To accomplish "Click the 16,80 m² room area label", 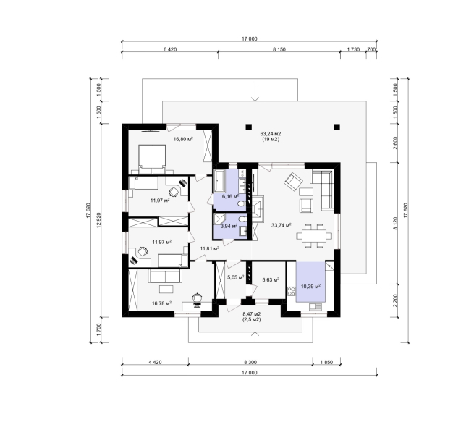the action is (183, 139).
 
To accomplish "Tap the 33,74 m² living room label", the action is (281, 225).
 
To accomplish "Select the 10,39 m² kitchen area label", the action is (310, 286).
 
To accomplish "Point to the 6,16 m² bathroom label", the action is (231, 197).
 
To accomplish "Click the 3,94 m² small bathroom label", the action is (229, 226).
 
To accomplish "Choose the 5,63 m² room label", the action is (270, 280).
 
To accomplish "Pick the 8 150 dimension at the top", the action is (279, 50).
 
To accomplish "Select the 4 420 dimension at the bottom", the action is (155, 362).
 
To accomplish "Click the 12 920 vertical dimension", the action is (98, 220).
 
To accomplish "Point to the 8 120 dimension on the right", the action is (395, 223).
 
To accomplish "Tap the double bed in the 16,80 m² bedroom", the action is (152, 159).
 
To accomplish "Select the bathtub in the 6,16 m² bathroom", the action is (219, 180).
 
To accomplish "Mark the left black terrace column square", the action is (248, 127).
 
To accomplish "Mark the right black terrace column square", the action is (337, 127).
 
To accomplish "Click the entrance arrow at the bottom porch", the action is (255, 337).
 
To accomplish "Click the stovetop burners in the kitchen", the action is (291, 292).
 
